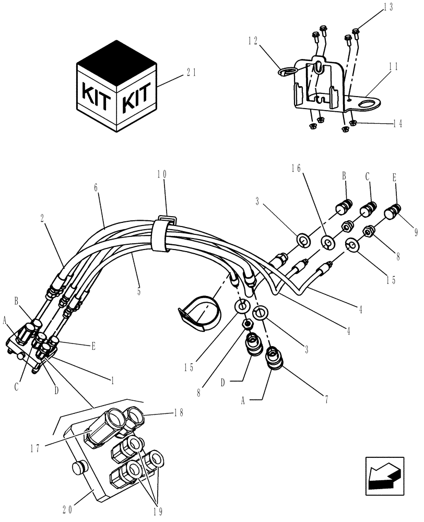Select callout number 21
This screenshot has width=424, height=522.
pyautogui.click(x=192, y=73)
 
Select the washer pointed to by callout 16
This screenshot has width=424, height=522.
pyautogui.click(x=327, y=242)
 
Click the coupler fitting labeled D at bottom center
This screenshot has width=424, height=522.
pyautogui.click(x=253, y=346)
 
